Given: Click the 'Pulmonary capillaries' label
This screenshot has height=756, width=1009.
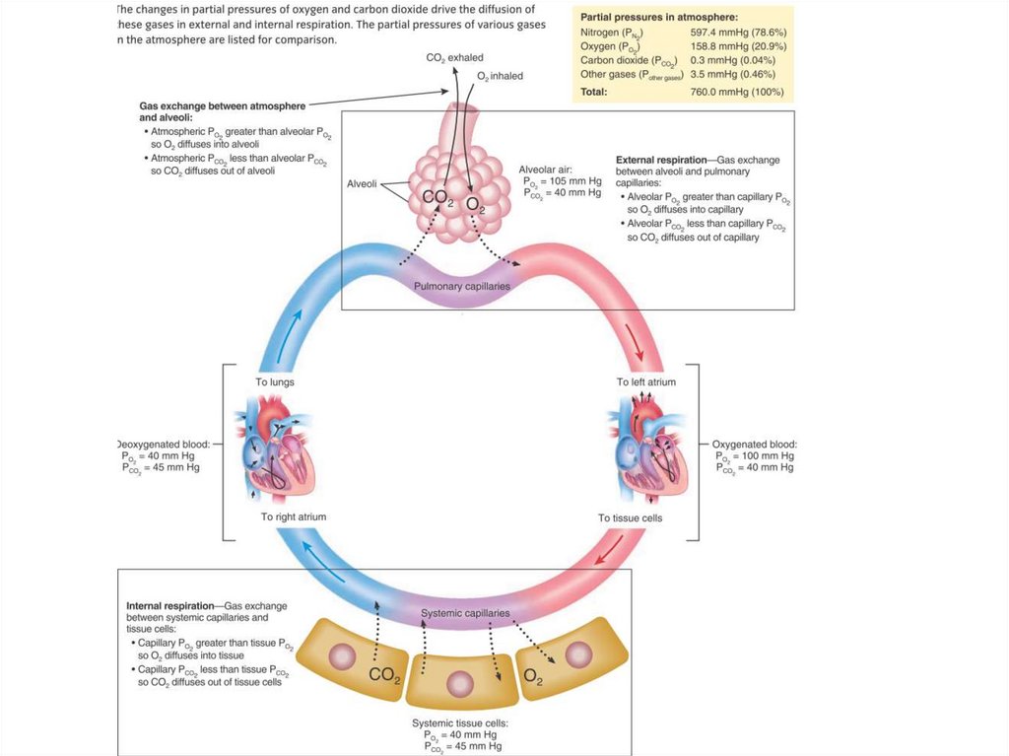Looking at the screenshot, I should click(462, 286).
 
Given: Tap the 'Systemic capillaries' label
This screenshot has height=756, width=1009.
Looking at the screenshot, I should click(465, 613).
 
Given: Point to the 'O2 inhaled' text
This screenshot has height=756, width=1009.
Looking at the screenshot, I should click(500, 76).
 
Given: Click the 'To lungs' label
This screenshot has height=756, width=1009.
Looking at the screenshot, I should click(275, 381).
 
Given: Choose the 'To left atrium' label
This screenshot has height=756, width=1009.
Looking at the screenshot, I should click(645, 381).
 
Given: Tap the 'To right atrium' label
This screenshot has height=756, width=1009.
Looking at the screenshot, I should click(294, 516).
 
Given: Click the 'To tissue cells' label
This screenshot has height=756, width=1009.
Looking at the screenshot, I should click(631, 517).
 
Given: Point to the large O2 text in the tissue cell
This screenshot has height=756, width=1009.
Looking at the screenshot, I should click(534, 676).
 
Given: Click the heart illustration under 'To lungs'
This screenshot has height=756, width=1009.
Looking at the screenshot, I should click(274, 449).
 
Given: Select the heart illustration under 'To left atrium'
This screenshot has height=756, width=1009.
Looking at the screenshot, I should click(645, 449).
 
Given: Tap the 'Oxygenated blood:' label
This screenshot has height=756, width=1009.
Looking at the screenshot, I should click(755, 445).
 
